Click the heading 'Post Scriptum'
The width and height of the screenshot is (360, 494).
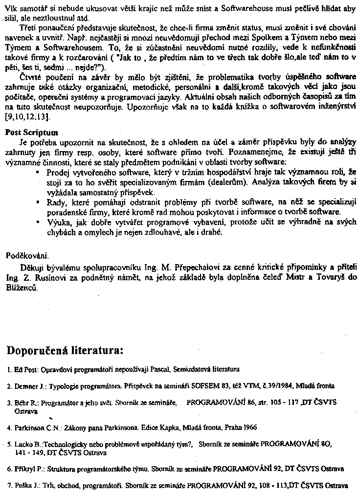tap(31, 133)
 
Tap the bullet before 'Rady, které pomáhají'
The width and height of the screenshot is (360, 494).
tap(38, 202)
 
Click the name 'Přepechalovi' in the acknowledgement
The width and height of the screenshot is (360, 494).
tap(199, 268)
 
